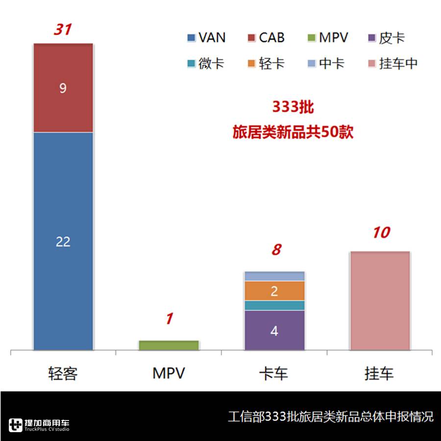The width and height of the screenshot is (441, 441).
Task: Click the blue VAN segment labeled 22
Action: (63, 241)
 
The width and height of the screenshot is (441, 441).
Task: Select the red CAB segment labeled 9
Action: (63, 88)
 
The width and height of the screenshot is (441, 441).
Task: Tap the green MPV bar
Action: (169, 345)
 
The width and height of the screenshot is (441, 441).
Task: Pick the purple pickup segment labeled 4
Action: (274, 330)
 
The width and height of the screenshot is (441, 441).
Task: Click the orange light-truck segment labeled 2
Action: (274, 291)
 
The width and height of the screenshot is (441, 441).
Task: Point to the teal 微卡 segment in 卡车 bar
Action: (274, 305)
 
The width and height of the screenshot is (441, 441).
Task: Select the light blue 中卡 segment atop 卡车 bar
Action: (274, 276)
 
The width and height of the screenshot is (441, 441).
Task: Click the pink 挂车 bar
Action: (380, 301)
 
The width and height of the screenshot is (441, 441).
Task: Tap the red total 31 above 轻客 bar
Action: (62, 30)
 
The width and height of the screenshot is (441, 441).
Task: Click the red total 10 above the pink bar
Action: (380, 232)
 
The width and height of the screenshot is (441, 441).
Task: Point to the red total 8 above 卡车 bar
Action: (276, 250)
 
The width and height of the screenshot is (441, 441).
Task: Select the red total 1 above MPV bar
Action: (169, 319)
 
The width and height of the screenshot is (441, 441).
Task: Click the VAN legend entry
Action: (206, 38)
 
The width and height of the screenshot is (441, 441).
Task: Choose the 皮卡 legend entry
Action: (386, 38)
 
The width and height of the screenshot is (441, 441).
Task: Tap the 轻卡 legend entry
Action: (265, 64)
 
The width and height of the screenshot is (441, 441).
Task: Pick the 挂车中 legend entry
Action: (392, 64)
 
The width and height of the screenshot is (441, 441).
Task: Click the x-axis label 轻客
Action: (63, 374)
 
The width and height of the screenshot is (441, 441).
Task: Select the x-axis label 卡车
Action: (273, 374)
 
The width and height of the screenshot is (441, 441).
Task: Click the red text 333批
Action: (293, 107)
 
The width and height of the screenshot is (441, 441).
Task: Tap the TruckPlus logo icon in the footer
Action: (16, 424)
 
